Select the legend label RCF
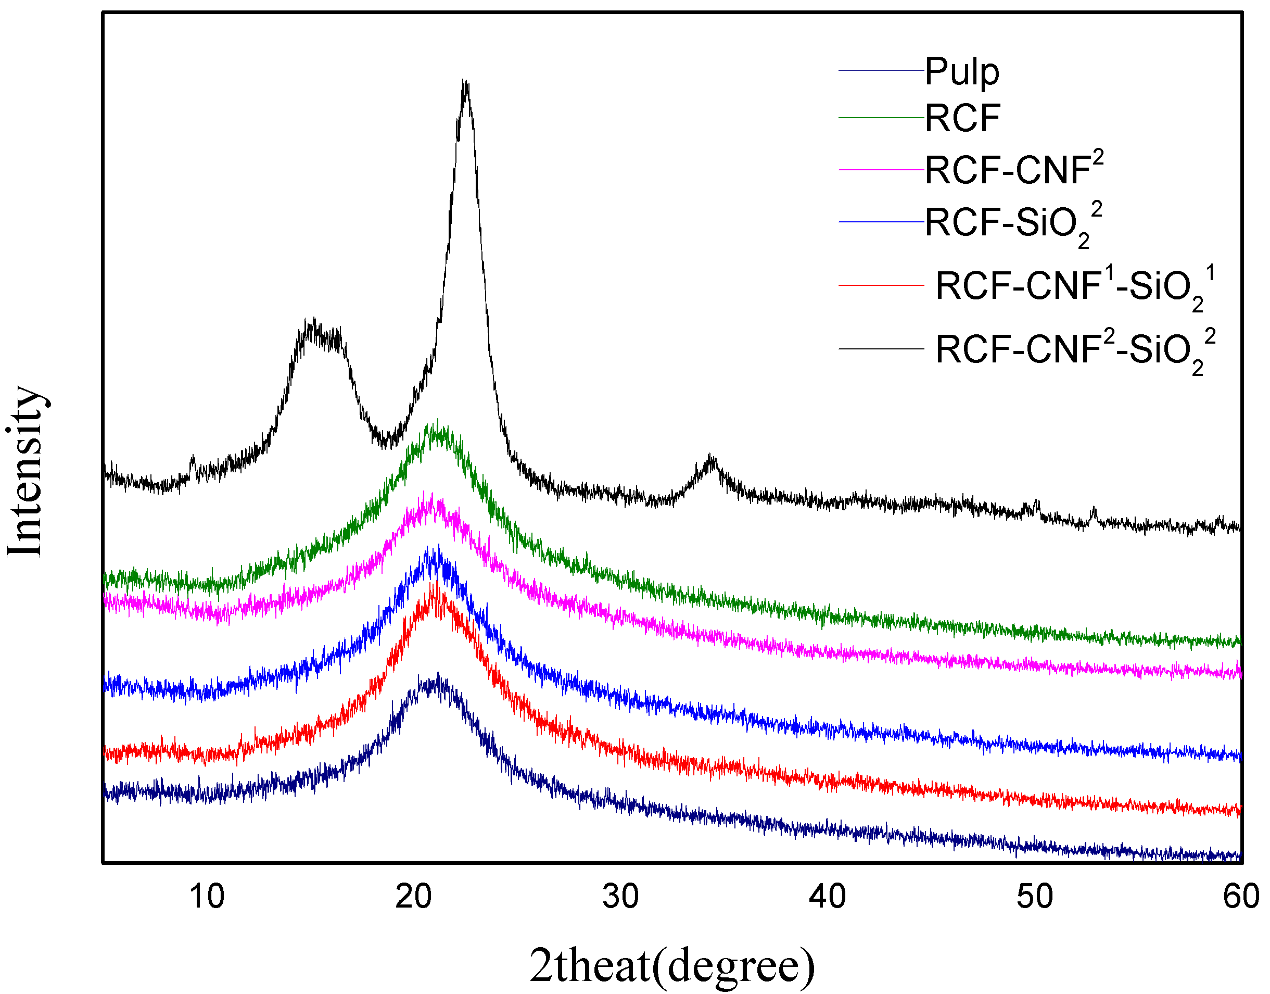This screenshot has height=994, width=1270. tap(962, 119)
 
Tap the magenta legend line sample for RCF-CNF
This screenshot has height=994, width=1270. tap(880, 170)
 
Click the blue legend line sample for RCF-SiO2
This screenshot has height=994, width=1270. tap(880, 222)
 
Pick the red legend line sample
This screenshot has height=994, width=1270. tap(880, 285)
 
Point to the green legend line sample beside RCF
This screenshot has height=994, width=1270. tap(880, 118)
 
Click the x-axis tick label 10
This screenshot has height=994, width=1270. tap(207, 897)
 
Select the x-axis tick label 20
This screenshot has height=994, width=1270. tap(414, 897)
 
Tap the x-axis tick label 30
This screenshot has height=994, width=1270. tap(620, 897)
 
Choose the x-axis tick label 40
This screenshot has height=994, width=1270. tap(827, 897)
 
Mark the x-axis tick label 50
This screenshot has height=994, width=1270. tap(1034, 897)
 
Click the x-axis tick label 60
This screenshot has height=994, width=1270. tap(1240, 897)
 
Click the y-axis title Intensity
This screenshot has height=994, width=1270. tap(26, 471)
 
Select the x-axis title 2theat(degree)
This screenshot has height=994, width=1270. tap(672, 965)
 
